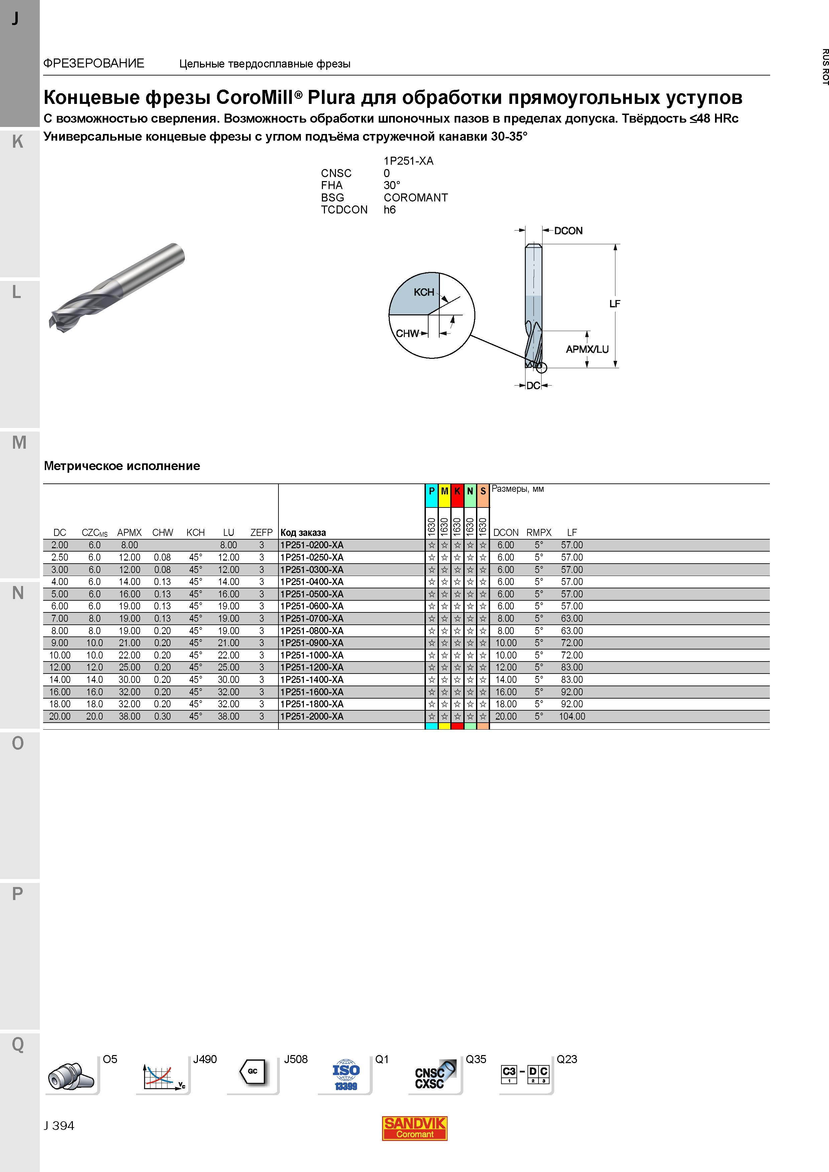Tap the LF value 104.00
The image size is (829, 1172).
pos(572,717)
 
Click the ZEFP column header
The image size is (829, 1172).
pos(261,533)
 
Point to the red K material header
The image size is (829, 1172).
pos(457,491)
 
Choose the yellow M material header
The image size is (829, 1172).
pos(444,491)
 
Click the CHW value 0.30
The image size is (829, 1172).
pos(162,717)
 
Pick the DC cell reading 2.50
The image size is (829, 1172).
pos(60,557)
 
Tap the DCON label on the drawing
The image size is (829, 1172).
pos(568,231)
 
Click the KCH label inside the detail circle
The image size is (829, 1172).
pos(424,292)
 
